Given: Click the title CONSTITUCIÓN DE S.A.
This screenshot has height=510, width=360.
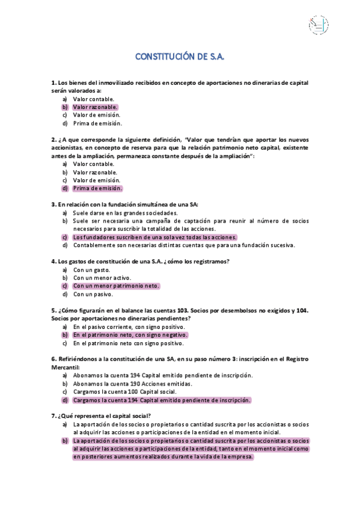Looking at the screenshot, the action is (x=180, y=57).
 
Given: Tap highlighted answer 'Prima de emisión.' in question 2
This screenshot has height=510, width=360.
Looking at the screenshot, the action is (x=97, y=188).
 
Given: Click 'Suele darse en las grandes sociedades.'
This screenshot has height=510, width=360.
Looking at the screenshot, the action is (x=125, y=213).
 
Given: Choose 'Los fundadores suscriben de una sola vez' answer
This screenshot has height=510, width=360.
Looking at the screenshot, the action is (x=154, y=237).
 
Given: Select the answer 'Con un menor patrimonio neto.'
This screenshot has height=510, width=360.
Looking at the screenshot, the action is (x=116, y=286).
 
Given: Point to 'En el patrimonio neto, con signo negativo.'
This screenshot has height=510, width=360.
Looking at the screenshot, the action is (x=130, y=335).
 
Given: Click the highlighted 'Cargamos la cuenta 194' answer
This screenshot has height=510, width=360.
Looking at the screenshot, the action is (x=162, y=400).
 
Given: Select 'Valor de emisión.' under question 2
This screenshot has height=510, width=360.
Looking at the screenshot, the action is (x=96, y=180).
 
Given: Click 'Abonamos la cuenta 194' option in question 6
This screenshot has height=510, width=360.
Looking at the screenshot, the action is (x=162, y=375).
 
